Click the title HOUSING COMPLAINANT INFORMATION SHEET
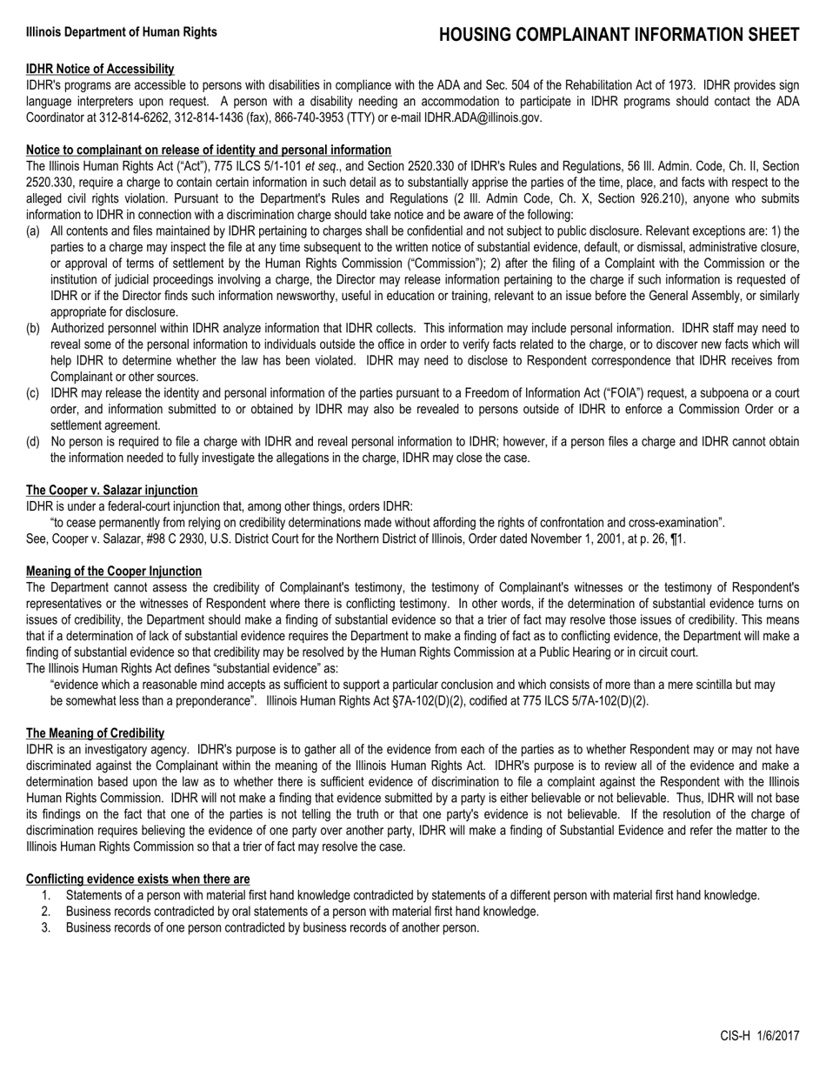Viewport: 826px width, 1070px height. pyautogui.click(x=618, y=35)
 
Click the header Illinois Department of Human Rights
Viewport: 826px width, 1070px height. pyautogui.click(x=122, y=32)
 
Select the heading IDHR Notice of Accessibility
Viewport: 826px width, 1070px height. pyautogui.click(x=100, y=69)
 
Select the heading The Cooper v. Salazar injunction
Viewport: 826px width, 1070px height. pyautogui.click(x=111, y=491)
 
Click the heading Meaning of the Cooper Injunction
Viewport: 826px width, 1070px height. pyautogui.click(x=114, y=572)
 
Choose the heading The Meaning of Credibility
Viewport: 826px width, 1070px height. pyautogui.click(x=95, y=733)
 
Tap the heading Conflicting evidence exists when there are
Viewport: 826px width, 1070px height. pyautogui.click(x=137, y=879)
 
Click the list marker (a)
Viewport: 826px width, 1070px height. pyautogui.click(x=33, y=231)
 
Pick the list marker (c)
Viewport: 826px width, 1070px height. pyautogui.click(x=33, y=393)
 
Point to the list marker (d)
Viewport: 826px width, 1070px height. pyautogui.click(x=33, y=442)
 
